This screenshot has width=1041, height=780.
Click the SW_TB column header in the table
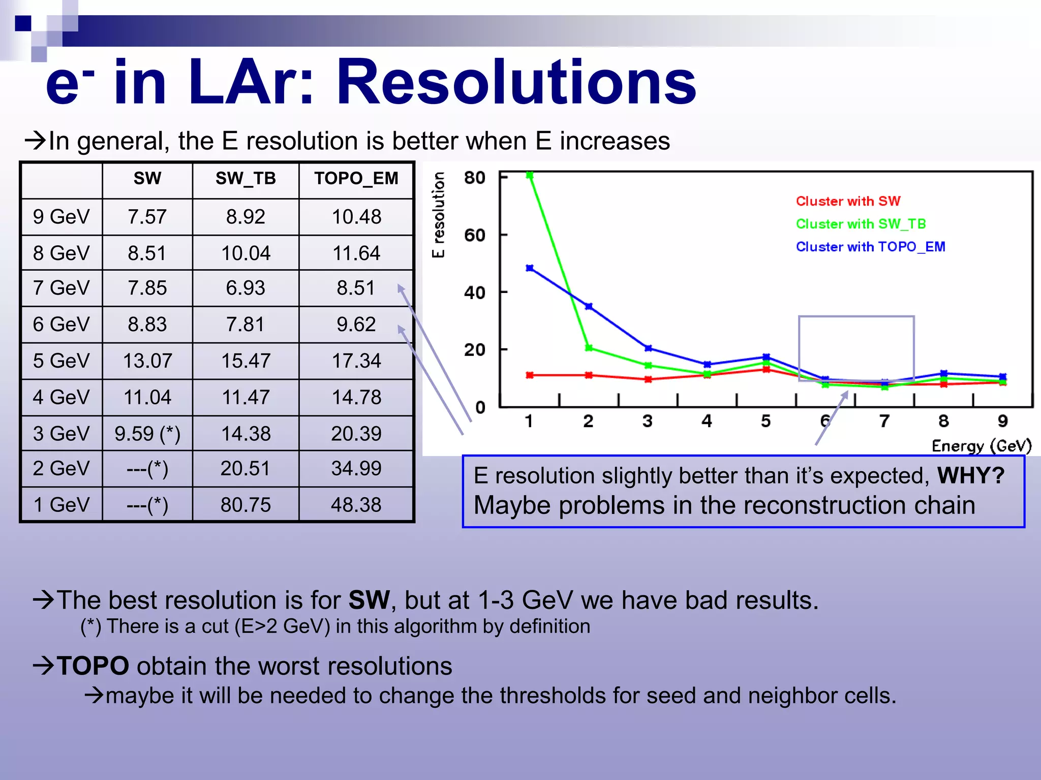point(246,179)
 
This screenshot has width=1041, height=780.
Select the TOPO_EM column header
point(356,179)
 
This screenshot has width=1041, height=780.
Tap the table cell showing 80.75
point(246,505)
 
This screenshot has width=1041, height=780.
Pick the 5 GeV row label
point(61,361)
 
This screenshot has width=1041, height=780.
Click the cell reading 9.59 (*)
point(147,434)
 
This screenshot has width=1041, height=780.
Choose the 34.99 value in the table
point(356,468)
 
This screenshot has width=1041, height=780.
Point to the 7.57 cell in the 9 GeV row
point(147,217)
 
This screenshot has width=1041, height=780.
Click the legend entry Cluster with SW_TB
point(861,224)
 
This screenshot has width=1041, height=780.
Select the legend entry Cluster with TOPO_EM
point(870,247)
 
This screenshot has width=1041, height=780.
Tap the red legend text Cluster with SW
point(848,201)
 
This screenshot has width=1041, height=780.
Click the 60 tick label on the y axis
point(474,236)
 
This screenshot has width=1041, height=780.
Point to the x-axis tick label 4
point(707,421)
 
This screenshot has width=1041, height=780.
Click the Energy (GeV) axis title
point(981,446)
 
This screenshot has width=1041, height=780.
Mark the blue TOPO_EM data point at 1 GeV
point(530,268)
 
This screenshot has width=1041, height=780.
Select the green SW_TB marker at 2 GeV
point(589,348)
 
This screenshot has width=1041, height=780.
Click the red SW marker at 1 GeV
point(530,375)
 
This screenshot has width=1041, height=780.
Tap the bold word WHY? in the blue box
point(971,476)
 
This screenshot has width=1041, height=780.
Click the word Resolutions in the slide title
point(516,82)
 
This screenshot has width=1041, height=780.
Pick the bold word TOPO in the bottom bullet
point(93,666)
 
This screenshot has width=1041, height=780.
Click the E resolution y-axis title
point(438,214)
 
